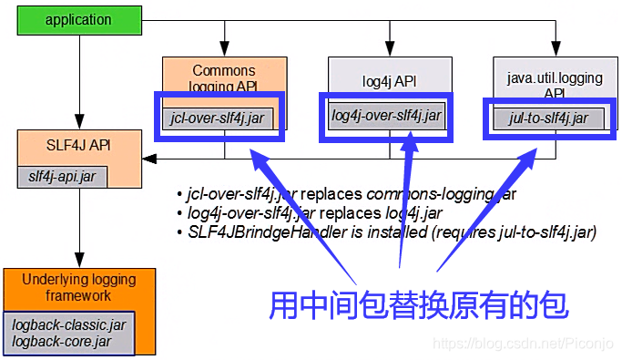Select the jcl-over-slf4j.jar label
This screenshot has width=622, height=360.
pyautogui.click(x=219, y=118)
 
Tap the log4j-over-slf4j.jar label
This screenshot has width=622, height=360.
pyautogui.click(x=386, y=116)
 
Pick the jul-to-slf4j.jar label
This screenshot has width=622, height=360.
pyautogui.click(x=548, y=118)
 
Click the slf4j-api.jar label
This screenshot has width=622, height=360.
pyautogui.click(x=62, y=176)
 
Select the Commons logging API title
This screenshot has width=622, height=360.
pyautogui.click(x=224, y=78)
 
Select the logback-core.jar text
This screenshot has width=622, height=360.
pyautogui.click(x=61, y=341)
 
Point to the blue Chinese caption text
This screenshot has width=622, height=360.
pyautogui.click(x=419, y=304)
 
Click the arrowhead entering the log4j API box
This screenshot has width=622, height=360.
pyautogui.click(x=390, y=51)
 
